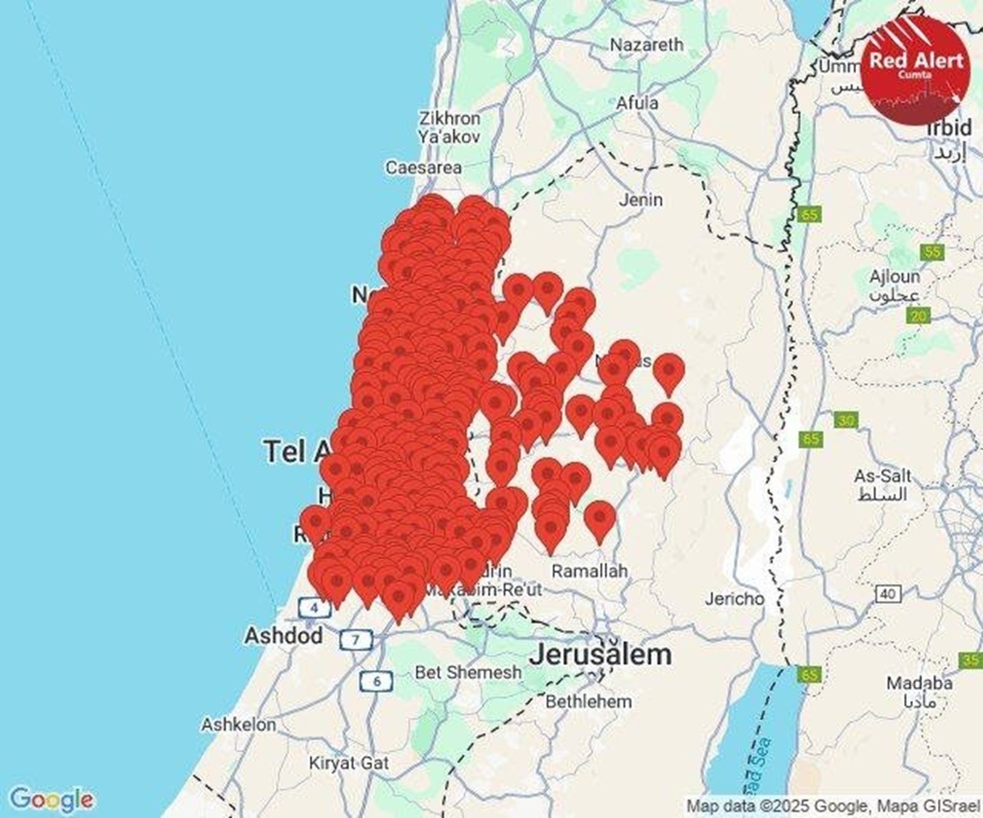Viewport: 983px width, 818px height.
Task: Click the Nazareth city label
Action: [646, 45]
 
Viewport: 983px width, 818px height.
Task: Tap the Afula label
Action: [637, 103]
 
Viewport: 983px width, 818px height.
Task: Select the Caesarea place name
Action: [423, 167]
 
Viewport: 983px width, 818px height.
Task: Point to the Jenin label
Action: [641, 199]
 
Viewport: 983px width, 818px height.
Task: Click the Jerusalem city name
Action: [600, 654]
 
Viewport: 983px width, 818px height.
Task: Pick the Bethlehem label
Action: [589, 701]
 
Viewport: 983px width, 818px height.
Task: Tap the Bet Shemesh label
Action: [468, 672]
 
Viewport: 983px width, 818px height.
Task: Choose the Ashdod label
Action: [283, 635]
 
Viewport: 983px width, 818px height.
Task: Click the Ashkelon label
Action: [238, 725]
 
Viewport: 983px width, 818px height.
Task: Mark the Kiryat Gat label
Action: [349, 763]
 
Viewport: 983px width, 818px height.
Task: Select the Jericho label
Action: [734, 598]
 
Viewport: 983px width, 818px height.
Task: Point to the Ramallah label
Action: [589, 571]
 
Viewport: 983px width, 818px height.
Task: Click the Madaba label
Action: [919, 683]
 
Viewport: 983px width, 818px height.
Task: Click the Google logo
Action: [51, 800]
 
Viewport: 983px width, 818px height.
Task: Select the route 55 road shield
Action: [932, 252]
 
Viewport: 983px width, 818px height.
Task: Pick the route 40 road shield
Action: [887, 594]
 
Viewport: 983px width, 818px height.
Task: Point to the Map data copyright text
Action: [833, 805]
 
